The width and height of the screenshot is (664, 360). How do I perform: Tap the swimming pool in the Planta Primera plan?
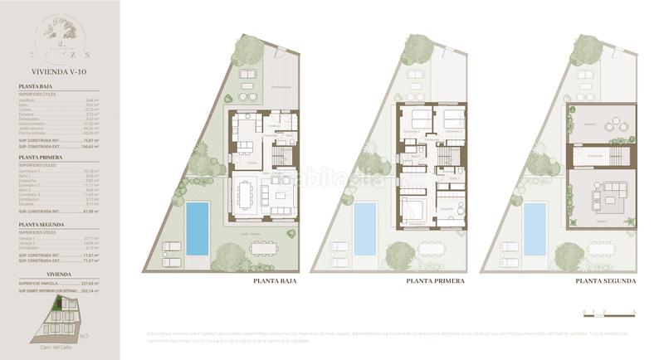pos(365,228)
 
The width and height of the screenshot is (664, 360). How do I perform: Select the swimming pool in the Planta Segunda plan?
pos(535,228)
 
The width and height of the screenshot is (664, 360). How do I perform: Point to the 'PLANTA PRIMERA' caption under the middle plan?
pos(436,281)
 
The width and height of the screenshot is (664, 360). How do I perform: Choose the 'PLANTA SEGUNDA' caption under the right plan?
pos(606,281)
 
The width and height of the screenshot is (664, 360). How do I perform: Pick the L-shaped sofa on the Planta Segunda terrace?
pos(608,197)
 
